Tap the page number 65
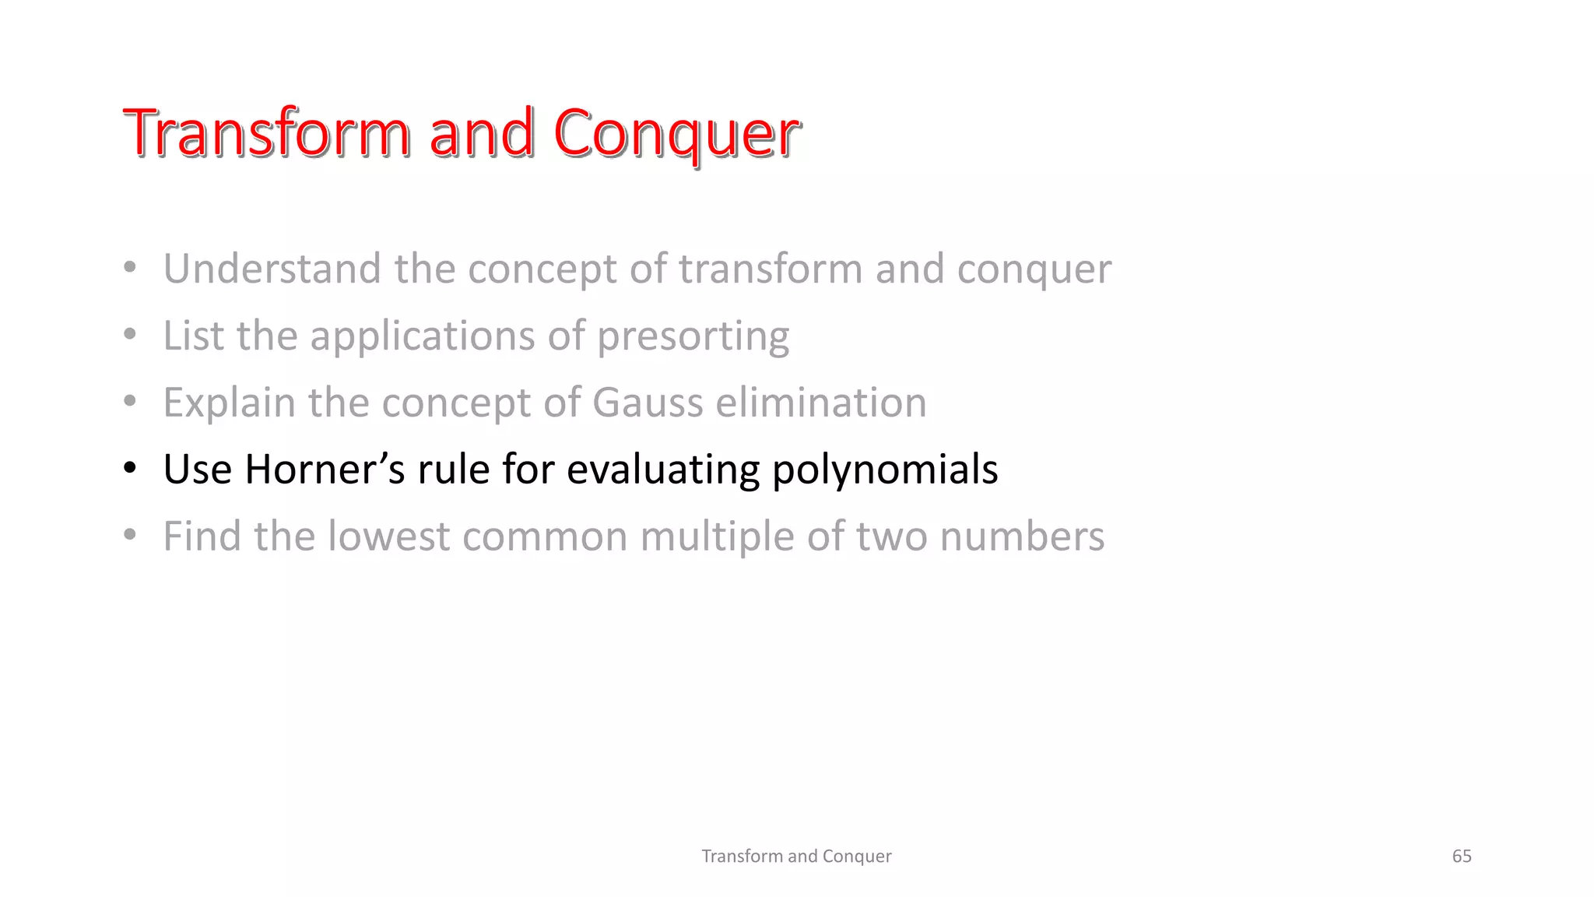[x=1461, y=856]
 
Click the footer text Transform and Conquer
[x=796, y=856]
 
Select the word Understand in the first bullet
[x=272, y=269]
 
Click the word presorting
[x=693, y=336]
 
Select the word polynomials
[x=885, y=470]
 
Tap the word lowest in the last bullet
[x=388, y=536]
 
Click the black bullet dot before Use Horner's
[x=130, y=469]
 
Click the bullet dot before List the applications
[x=130, y=335]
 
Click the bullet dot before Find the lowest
[x=130, y=536]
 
